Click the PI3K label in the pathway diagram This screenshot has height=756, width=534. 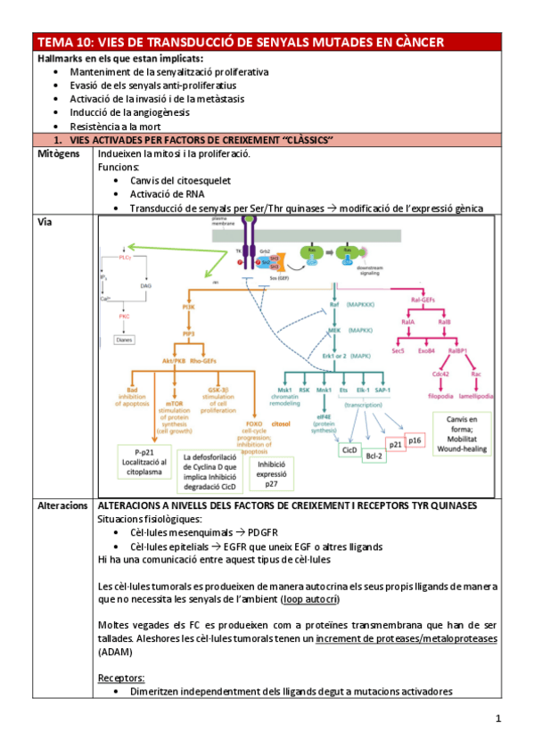point(189,306)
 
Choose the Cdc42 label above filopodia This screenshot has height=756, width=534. point(440,374)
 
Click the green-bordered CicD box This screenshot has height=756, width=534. point(349,451)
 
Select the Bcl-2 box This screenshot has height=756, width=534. point(377,456)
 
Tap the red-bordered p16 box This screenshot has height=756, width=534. point(416,440)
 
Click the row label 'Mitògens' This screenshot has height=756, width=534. point(59,153)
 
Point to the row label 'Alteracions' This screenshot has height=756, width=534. point(62,505)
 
